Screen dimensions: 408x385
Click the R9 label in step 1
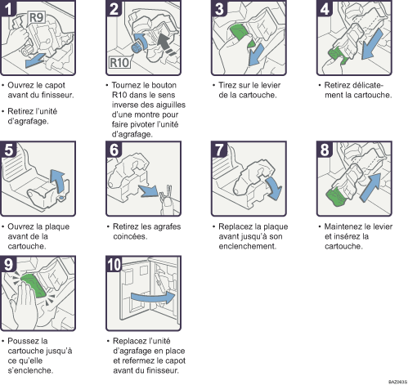(36, 18)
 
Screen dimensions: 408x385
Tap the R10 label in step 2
(119, 63)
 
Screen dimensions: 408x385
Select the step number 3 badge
(220, 8)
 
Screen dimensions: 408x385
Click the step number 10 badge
(114, 264)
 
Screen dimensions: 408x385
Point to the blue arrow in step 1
(35, 60)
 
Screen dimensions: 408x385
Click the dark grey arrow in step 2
(165, 43)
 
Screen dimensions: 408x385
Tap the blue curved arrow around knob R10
(141, 41)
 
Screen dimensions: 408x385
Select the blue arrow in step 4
(372, 43)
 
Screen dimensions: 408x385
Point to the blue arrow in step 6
(148, 190)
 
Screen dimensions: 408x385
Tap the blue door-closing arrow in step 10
(153, 298)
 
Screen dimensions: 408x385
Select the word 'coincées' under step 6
(130, 236)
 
